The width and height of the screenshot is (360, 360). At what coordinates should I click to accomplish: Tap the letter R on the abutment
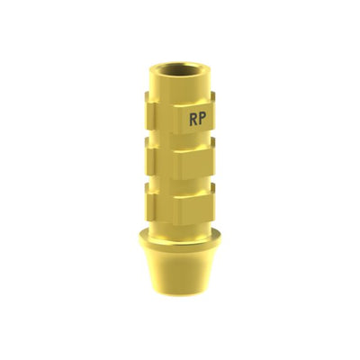[x=193, y=120]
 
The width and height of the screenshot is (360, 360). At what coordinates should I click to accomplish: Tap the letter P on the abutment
[x=202, y=120]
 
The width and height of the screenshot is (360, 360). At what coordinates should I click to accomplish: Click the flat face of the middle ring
[x=194, y=164]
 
